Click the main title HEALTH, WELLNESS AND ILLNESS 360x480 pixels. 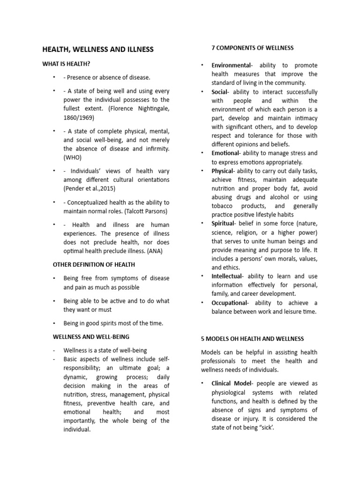(98, 49)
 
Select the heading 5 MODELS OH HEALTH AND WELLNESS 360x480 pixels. (253, 338)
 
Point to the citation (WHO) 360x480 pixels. (73, 158)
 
